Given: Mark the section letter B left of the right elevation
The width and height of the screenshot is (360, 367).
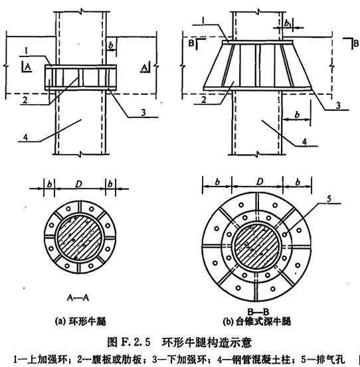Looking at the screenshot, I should tap(191, 44).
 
